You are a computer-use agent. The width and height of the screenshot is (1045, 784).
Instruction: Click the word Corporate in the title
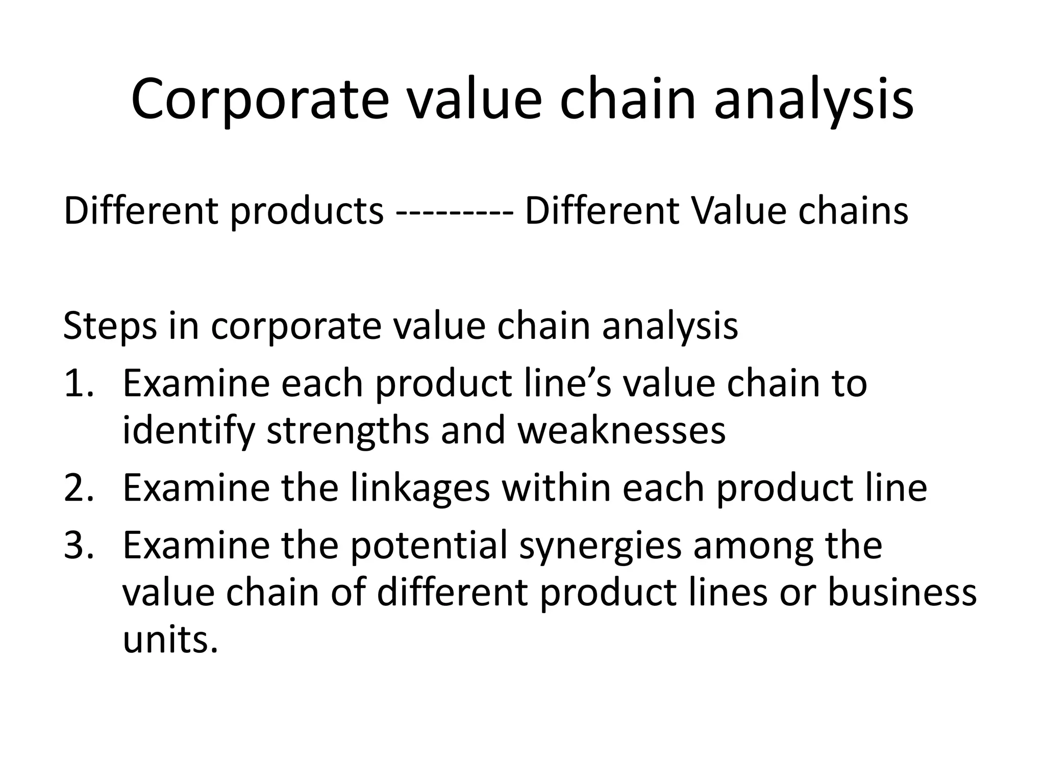259,100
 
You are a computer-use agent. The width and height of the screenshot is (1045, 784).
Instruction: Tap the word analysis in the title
813,100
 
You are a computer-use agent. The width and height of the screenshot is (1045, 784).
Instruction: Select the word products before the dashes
307,211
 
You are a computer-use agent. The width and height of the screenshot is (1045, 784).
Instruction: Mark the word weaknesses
621,431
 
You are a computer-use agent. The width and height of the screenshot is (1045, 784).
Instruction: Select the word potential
429,546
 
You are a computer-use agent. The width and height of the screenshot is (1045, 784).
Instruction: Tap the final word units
171,640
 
